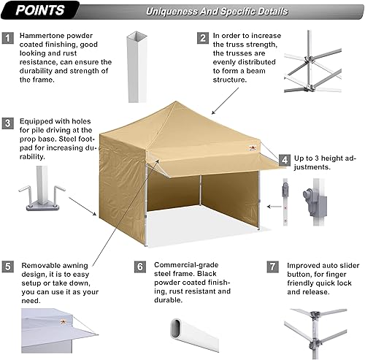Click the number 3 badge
click(x=9, y=123)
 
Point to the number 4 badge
click(x=285, y=159)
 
